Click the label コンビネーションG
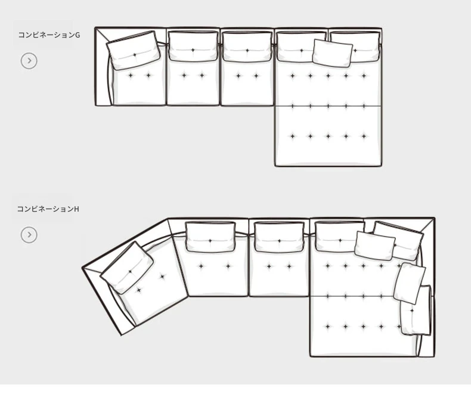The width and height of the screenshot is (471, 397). point(49,35)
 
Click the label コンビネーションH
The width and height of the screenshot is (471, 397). point(48,209)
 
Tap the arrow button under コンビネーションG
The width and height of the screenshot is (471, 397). point(29,61)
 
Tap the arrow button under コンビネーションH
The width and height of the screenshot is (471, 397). point(29,234)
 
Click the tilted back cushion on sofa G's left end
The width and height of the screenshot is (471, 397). point(134,51)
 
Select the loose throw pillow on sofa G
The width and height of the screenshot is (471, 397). point(333,53)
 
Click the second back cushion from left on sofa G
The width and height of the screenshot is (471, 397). point(193,46)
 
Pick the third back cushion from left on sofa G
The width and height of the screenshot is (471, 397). point(247,46)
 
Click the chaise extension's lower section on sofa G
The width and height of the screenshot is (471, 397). point(328,135)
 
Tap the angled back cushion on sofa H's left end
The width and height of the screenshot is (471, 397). point(127,268)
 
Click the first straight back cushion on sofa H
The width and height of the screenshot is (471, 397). point(210,237)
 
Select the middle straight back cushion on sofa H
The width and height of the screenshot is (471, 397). point(280,237)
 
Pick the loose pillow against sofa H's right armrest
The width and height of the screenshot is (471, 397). point(410,283)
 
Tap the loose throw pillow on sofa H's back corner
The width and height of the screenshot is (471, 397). point(374,246)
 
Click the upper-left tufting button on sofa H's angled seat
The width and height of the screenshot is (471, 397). point(163,276)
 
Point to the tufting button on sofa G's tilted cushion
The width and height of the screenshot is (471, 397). point(135,55)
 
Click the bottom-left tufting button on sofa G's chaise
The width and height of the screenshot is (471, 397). point(293,136)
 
